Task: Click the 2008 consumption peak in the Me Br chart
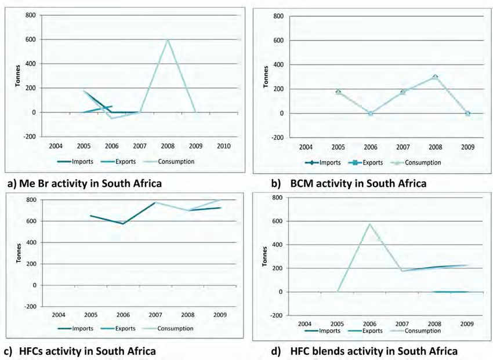coord(168,39)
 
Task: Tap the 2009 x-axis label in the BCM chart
coord(467,146)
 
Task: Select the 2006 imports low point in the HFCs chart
coord(122,224)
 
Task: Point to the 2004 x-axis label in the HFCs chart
coord(57,314)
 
